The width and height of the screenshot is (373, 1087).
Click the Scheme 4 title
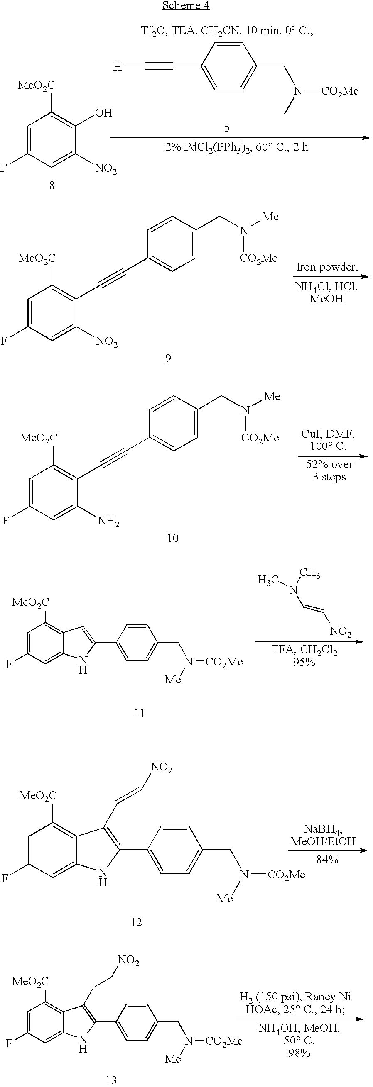coord(186,5)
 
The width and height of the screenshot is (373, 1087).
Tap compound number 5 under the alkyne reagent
coord(227,128)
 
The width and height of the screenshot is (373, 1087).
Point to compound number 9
coord(168,358)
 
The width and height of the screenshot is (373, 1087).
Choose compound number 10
coord(173,538)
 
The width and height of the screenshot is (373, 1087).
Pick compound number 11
coord(140,713)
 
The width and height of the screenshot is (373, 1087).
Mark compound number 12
coord(136,922)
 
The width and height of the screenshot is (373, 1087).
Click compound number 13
coord(111,1080)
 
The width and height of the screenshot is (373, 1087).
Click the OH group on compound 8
coord(103,113)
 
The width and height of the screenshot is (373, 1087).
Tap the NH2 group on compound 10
coord(108,521)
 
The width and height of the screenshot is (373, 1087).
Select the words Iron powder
coord(326,267)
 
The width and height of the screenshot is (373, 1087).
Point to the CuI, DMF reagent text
coord(328,434)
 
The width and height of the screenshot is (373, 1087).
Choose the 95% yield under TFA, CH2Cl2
coord(304,662)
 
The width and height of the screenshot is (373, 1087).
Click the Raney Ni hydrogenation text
coord(294,1004)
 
